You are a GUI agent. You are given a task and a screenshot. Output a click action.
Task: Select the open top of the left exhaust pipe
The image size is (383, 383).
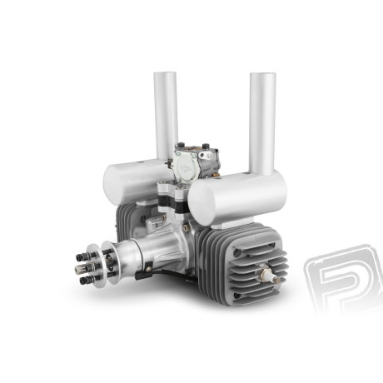(165, 76)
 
